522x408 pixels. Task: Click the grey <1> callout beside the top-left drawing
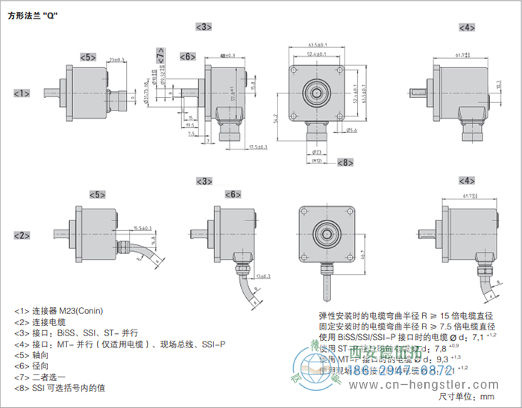(x=22, y=93)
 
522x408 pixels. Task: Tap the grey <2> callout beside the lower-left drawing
(x=22, y=235)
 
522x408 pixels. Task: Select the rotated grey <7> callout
(x=162, y=54)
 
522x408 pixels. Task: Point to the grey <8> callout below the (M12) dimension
(x=345, y=162)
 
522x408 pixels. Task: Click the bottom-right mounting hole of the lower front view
(x=345, y=253)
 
